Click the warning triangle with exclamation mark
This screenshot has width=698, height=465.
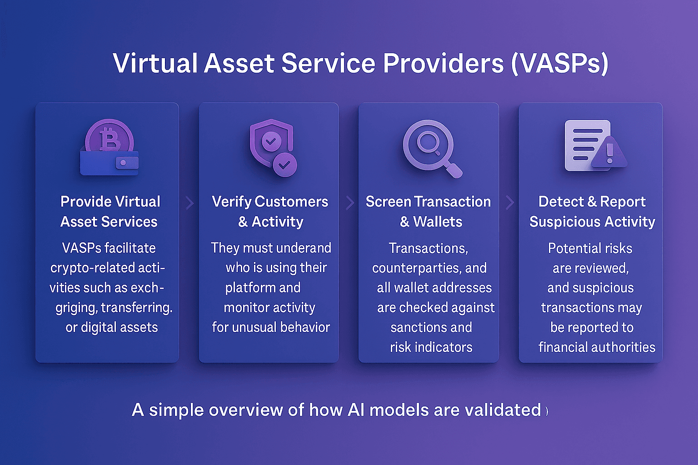coord(610,153)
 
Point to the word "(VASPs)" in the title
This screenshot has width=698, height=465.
coord(559,63)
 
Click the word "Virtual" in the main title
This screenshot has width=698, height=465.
coord(155,63)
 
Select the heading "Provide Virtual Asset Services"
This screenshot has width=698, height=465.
coord(110,212)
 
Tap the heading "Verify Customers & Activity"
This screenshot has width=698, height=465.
coord(270,212)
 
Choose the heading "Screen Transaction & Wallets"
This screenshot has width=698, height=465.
coord(429,212)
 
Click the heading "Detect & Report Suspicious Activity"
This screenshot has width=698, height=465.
coord(592,212)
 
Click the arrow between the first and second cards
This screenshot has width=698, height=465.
coord(190,203)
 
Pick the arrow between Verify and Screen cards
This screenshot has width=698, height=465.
coord(349,203)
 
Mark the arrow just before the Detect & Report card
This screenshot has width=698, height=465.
coord(509,203)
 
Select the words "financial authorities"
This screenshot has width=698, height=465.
coord(597,347)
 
